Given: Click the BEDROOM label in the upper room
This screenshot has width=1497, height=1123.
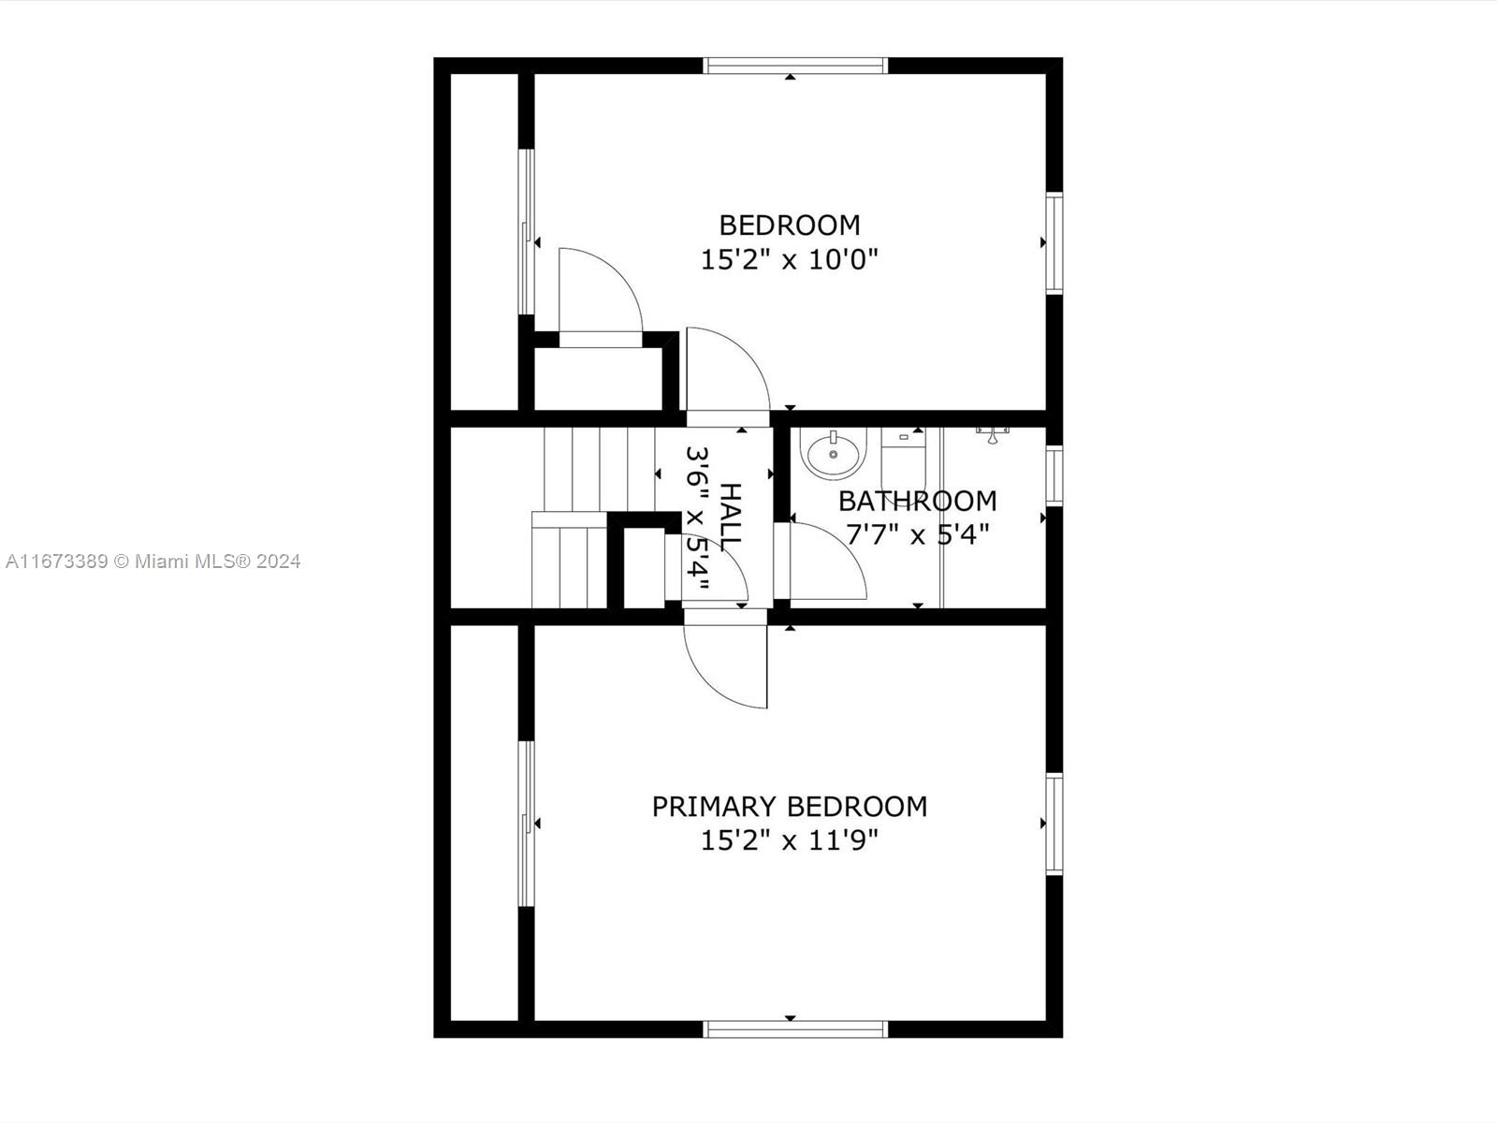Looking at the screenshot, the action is (x=790, y=225).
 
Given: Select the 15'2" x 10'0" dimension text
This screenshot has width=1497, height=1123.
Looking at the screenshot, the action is (x=790, y=259).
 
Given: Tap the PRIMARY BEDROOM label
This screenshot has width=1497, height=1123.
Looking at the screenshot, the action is (x=790, y=807).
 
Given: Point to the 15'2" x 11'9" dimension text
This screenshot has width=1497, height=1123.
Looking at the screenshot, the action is (x=790, y=840).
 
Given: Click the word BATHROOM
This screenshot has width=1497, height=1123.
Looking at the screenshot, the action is (x=917, y=502).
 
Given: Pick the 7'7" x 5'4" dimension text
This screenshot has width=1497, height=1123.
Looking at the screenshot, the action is (x=917, y=534).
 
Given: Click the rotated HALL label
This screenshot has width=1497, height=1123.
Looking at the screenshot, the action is (x=731, y=514).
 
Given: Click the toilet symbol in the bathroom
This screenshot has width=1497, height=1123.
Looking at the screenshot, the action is (x=903, y=463).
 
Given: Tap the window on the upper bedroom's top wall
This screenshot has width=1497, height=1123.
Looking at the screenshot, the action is (x=795, y=66).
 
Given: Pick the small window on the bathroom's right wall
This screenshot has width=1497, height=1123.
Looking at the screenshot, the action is (x=1054, y=475).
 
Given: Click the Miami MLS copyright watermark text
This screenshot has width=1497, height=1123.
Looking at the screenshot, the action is (x=153, y=561).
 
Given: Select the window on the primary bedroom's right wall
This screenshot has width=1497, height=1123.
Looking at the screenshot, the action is (x=1054, y=824).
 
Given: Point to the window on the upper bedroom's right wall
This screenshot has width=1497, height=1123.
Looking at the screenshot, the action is (x=1054, y=243).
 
